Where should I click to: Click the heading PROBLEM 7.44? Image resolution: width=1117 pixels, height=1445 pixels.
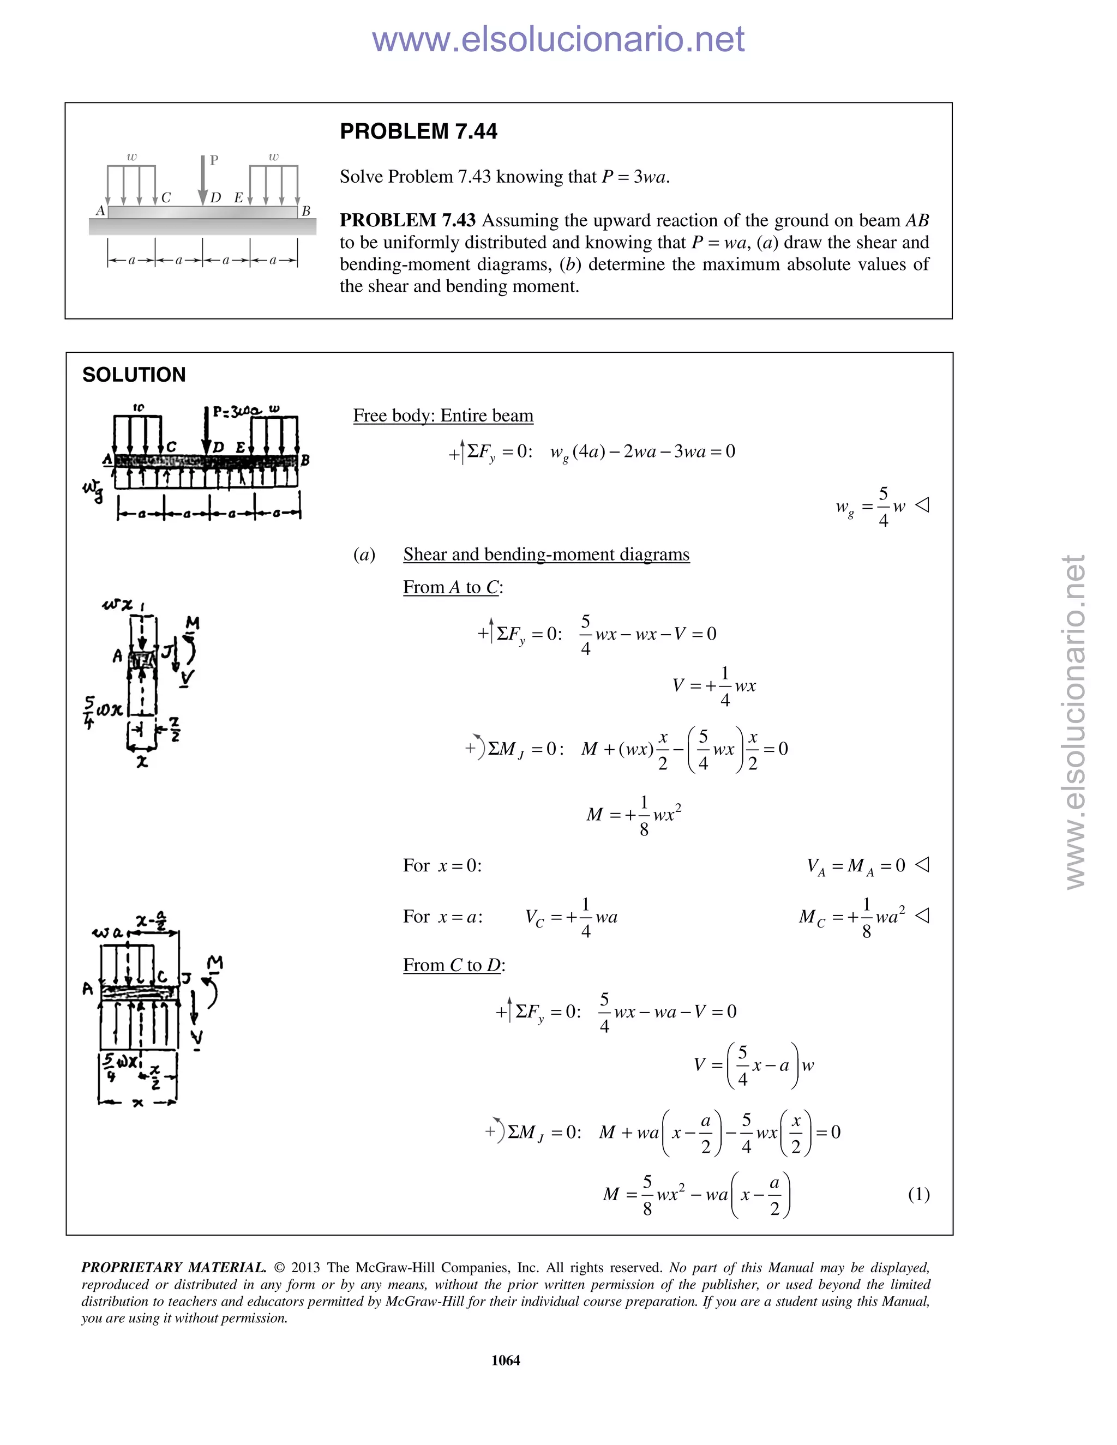tap(418, 131)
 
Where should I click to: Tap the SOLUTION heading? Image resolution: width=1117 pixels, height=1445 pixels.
tap(134, 375)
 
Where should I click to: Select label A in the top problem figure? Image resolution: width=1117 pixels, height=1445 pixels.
tap(100, 210)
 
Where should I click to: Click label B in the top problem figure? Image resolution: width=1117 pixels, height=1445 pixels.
tap(306, 211)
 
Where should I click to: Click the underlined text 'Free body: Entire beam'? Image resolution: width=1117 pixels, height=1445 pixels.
tap(443, 416)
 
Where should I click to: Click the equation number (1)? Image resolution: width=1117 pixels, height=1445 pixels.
tap(918, 1194)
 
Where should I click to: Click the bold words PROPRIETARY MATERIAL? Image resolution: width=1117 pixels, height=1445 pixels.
tap(173, 1267)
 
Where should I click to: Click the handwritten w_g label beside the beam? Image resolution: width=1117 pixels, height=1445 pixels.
tap(93, 490)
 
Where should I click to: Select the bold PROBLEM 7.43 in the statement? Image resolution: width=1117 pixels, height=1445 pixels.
tap(407, 220)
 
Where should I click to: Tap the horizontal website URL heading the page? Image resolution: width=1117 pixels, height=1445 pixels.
tap(558, 39)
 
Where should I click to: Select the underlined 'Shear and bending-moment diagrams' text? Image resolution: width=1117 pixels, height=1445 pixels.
tap(546, 554)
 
